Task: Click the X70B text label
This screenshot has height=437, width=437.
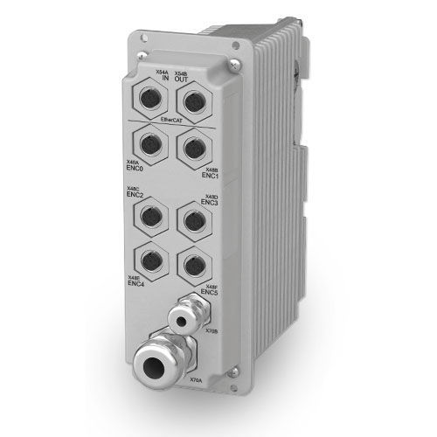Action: tap(211, 331)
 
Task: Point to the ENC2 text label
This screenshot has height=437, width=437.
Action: tap(135, 195)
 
